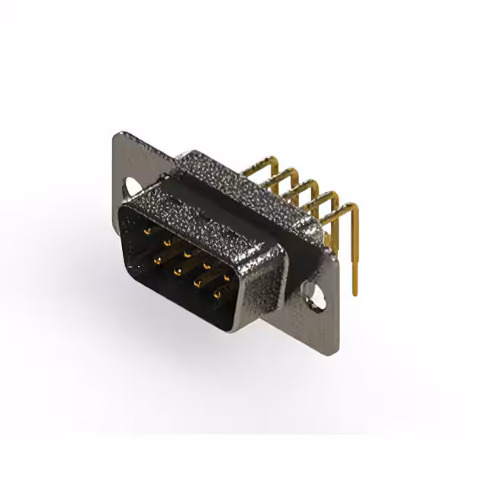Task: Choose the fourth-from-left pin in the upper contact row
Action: coord(207,262)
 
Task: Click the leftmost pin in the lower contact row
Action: coord(157,260)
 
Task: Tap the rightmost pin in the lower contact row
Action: coord(217,293)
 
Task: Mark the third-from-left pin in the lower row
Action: coord(197,282)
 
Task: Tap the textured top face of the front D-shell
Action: coord(206,217)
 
